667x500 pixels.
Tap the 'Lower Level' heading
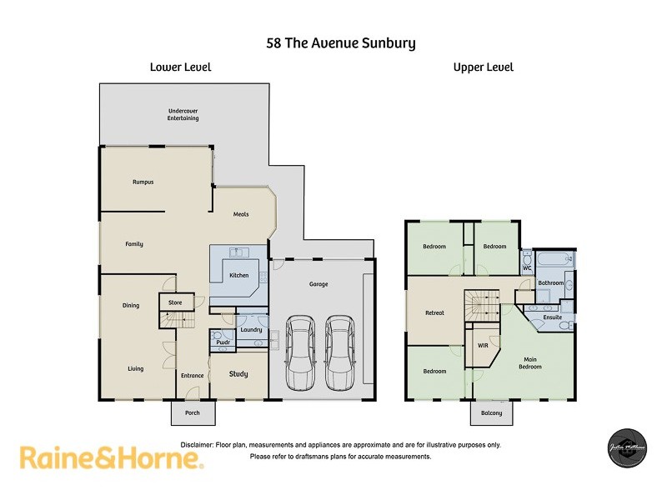180,67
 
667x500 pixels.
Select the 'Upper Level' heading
483,67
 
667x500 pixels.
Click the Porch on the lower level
193,412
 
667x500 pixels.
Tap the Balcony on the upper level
492,412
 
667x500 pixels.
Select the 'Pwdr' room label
222,342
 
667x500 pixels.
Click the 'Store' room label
175,302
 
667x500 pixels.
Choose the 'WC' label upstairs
527,268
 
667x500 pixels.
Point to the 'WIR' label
483,345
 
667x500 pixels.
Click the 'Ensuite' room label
552,317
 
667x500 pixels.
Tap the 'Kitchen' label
239,275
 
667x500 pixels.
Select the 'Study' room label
238,374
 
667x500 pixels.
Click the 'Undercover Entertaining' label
183,115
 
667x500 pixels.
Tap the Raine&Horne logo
111,458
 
